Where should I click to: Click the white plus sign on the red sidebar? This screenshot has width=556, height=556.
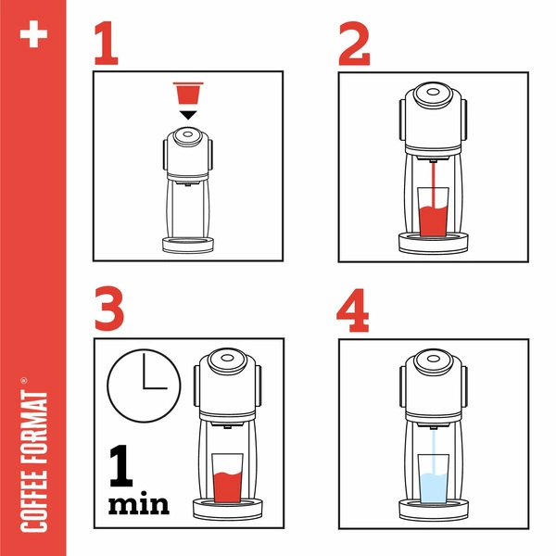(x=33, y=34)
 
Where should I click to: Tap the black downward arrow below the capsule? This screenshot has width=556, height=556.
(x=188, y=114)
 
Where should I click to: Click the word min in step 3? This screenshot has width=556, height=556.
(x=140, y=504)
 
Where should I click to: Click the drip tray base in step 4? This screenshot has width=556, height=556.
(x=433, y=510)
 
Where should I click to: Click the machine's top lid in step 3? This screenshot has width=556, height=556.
(x=226, y=357)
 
